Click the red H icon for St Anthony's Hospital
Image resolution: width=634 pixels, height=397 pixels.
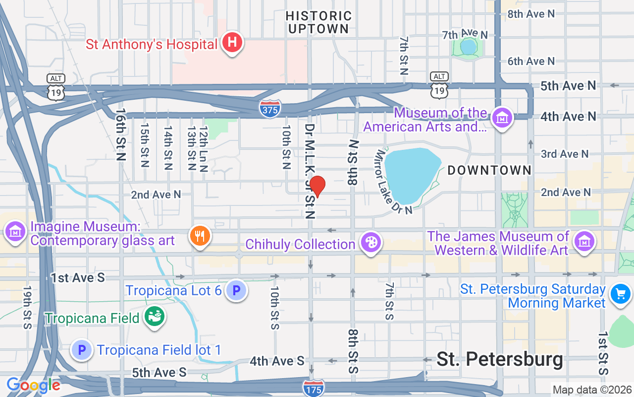click(232, 43)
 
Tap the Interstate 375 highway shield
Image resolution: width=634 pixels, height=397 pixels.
click(270, 109)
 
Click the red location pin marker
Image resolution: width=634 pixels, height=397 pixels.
click(317, 187)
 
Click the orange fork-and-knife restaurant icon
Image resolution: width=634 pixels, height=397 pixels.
click(200, 236)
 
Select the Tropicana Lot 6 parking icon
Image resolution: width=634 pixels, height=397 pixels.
click(236, 290)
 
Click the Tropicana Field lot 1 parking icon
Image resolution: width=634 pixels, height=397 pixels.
click(82, 350)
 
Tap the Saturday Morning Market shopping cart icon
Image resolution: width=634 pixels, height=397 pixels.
click(620, 294)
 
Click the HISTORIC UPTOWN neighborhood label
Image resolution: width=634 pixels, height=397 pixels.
click(318, 23)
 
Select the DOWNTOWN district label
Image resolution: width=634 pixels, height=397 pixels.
click(489, 170)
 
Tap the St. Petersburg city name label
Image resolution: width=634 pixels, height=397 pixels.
click(499, 359)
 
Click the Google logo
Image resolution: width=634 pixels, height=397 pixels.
click(33, 385)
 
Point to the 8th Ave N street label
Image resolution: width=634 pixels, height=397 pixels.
click(531, 14)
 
